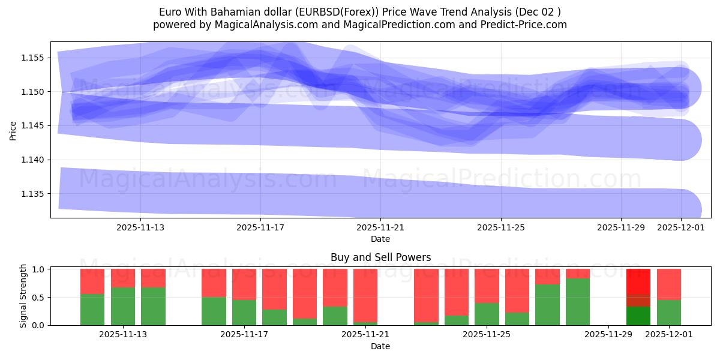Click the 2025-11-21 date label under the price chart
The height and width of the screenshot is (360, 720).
coord(380,228)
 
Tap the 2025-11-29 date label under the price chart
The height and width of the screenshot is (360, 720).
coord(620,228)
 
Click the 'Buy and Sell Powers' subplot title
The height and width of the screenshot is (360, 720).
coord(380,257)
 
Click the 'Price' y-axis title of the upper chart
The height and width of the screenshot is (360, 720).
coord(13,130)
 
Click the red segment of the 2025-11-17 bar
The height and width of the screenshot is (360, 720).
coord(244,284)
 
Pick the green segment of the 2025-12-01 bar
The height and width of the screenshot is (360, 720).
coord(668,313)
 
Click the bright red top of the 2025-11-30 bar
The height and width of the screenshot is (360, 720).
coord(638,281)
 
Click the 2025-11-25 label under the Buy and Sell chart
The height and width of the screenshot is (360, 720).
coord(487,335)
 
